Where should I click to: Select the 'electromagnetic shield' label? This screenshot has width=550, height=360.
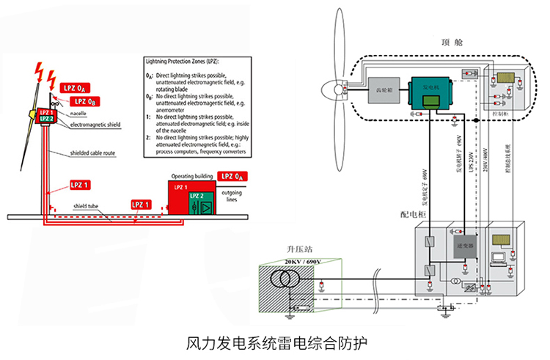95,126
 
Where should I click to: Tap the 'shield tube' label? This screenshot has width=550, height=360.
87,206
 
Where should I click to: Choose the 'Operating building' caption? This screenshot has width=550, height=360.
192,177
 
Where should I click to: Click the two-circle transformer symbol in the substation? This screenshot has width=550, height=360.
282,281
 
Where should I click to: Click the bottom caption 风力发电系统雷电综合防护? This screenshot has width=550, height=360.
274,342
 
